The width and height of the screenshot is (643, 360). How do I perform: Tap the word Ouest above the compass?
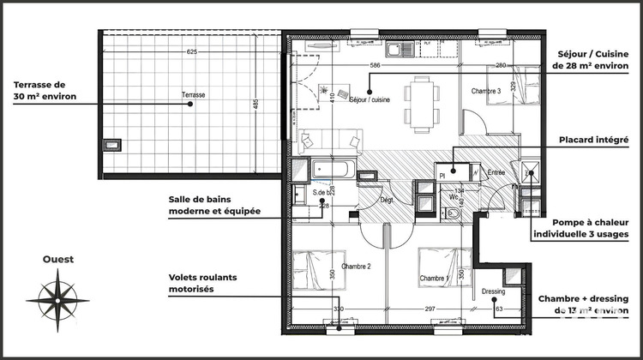pos(58,259)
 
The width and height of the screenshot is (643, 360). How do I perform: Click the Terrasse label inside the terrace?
pos(194,94)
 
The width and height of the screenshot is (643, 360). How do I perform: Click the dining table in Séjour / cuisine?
pos(419,102)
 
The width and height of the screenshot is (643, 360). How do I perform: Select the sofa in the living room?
pos(331,139)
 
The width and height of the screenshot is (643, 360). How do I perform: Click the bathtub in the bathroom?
pos(330,170)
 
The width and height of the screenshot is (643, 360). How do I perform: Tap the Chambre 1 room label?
pos(436,279)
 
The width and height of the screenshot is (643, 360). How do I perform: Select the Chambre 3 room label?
pos(485,91)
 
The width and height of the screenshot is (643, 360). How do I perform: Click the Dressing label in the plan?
pos(492,291)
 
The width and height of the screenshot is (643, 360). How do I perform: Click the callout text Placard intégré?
pos(595,140)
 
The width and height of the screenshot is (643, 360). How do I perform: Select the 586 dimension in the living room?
pos(375,65)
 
